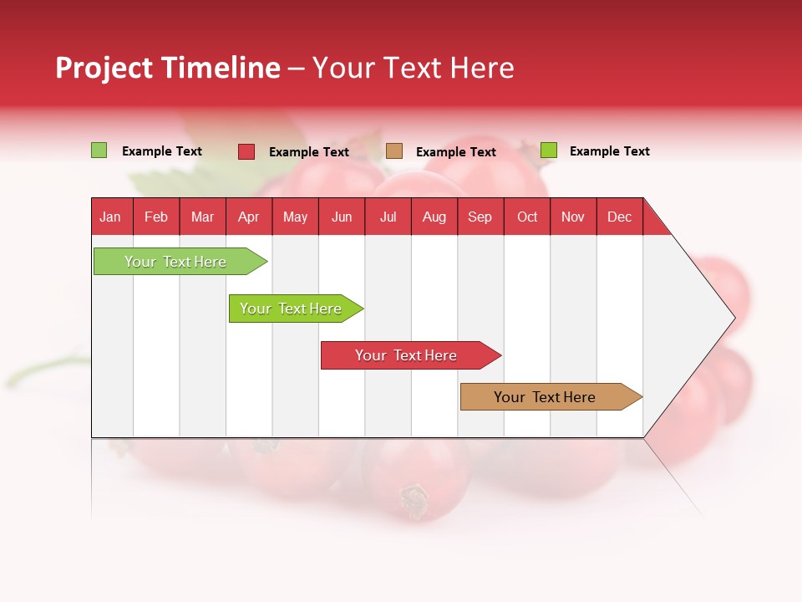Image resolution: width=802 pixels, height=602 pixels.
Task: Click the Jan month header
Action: coord(110,217)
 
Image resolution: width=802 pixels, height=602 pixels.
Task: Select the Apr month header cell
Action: coord(249,217)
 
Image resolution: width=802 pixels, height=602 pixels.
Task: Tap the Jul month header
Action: coord(388,217)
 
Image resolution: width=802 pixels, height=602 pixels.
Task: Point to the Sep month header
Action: coord(480,217)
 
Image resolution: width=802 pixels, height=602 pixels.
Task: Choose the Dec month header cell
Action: coord(619,217)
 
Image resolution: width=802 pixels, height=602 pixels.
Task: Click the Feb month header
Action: coord(156,217)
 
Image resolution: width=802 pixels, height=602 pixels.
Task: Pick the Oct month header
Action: coord(527,217)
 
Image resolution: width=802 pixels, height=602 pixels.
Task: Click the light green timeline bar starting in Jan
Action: coord(175,262)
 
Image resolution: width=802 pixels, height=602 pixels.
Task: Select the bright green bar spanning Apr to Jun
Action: coord(291,309)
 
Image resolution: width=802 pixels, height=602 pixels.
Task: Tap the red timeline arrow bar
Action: coord(406,355)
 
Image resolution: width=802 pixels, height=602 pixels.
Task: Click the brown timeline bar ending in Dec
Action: coord(545,397)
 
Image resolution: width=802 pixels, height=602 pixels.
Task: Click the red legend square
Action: coord(246,151)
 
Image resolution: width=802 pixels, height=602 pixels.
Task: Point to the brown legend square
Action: coord(394,151)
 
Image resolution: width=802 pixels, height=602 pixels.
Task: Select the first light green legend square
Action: coord(99,150)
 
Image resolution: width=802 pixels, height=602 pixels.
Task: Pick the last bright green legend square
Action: coord(549,150)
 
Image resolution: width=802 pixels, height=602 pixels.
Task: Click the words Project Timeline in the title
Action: coord(167,68)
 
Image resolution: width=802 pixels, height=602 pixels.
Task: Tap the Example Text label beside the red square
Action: coord(309,152)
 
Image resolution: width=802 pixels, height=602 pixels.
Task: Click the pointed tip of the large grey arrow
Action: coord(733,318)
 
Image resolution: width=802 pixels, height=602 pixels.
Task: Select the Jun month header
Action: coord(342,217)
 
